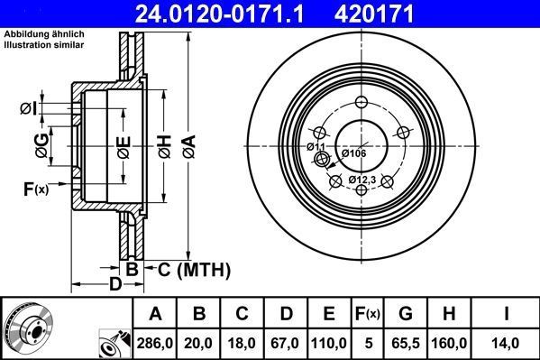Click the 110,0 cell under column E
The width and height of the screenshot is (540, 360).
pos(329,342)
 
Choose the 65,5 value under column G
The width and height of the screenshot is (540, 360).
pos(406,342)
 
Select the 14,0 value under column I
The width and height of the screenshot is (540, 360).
pos(507,342)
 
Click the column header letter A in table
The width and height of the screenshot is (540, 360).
pos(154,314)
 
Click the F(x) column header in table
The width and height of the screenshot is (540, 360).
pos(369,314)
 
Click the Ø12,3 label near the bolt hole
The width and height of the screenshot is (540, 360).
pos(363,180)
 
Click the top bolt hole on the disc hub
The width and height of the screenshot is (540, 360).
pos(362,102)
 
